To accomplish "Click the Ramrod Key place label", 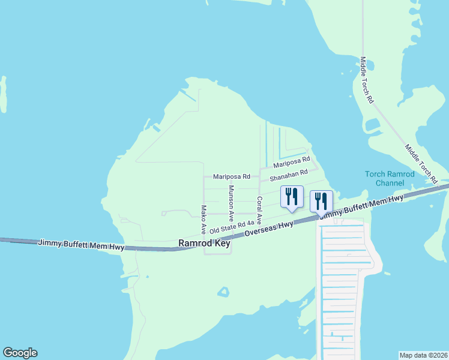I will click(205, 244).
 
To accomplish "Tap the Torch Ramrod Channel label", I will click(390, 178).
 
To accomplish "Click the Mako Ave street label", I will click(203, 220).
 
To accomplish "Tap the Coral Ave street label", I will click(259, 211).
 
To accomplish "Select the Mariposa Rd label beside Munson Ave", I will click(231, 177).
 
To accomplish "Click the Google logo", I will click(20, 353).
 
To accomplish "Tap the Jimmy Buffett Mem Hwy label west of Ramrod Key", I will click(81, 243).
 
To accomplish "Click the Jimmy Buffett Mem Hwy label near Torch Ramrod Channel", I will click(360, 207).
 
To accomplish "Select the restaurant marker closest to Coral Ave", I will click(292, 198).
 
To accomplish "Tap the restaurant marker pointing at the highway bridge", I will click(321, 203).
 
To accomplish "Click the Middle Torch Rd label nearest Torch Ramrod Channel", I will click(421, 163).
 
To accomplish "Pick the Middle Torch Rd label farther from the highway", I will click(367, 80).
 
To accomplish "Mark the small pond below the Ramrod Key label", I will click(223, 293).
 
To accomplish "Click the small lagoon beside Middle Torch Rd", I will click(372, 125).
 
